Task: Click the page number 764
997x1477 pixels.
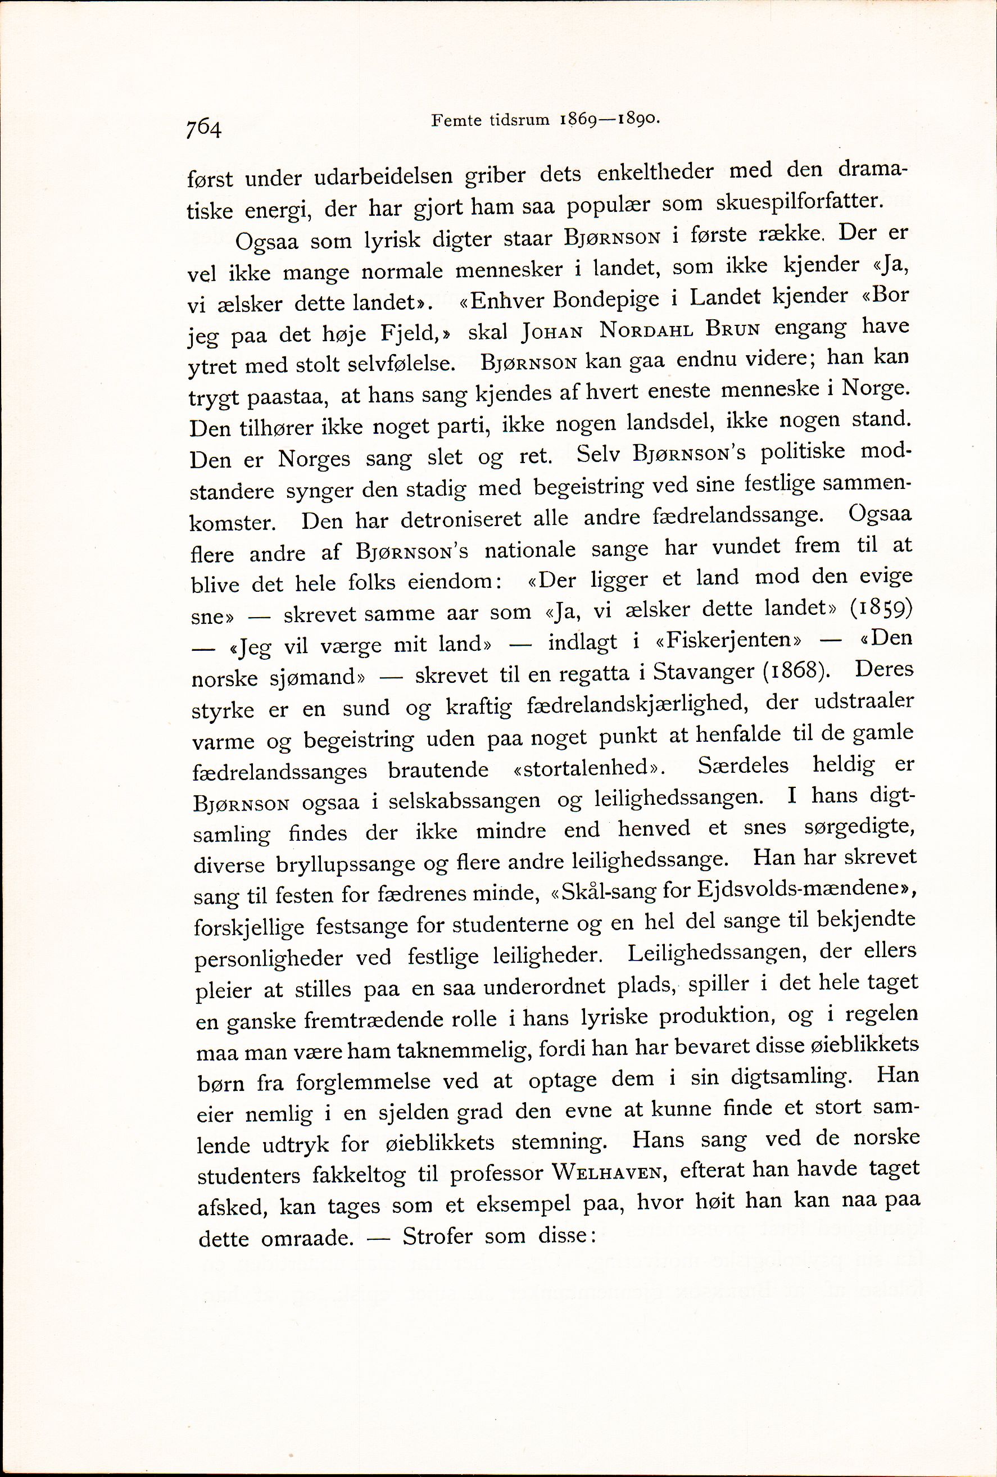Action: [x=203, y=129]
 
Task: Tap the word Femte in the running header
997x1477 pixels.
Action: [x=456, y=120]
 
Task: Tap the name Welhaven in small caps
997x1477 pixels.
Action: [x=608, y=1172]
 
